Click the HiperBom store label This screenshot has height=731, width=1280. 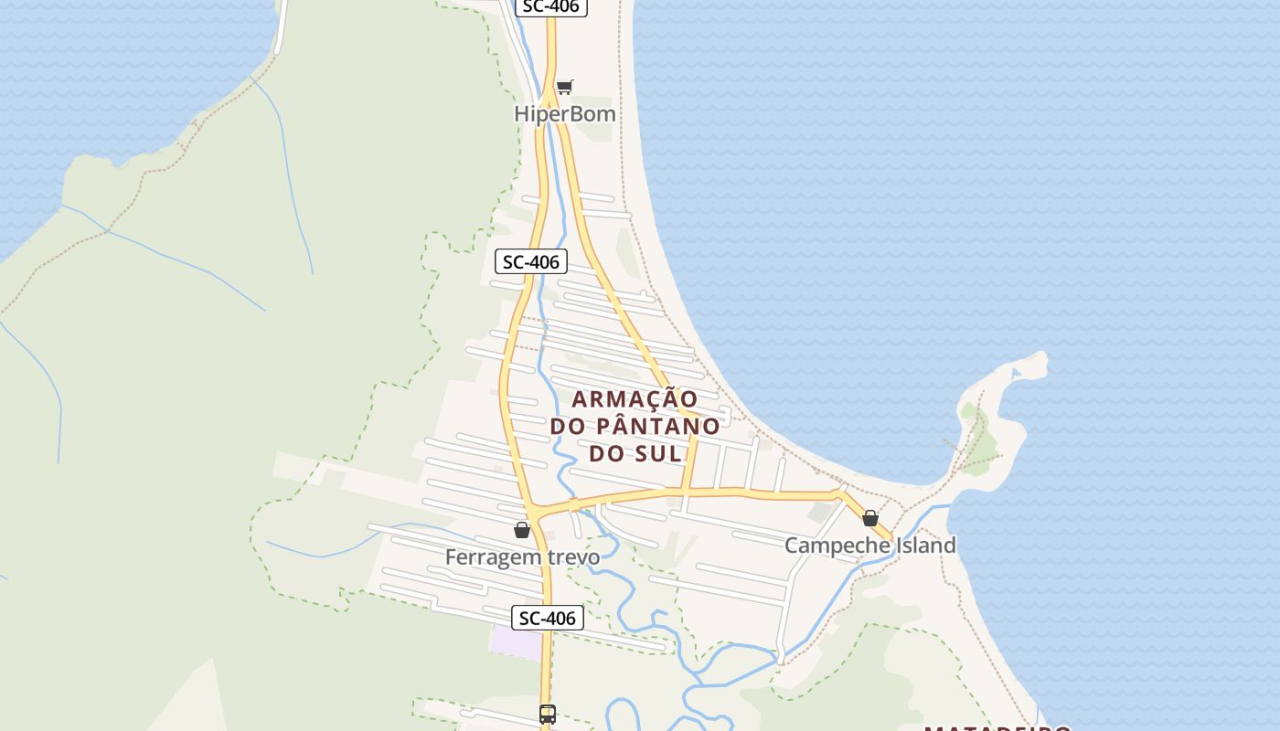pos(564,114)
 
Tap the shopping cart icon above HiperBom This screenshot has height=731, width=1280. pos(564,88)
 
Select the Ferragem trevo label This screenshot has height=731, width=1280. pos(522,556)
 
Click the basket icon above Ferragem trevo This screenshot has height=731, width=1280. pos(522,530)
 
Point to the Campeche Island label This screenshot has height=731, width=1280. pos(869,546)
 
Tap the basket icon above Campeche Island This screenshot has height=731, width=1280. pos(870,518)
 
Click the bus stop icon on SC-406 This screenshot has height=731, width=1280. pos(547,714)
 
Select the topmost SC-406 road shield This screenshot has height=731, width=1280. pos(550,6)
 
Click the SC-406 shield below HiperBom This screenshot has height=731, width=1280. pos(531,262)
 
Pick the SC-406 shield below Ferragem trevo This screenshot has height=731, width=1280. pos(547,618)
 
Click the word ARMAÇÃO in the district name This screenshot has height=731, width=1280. pos(635,399)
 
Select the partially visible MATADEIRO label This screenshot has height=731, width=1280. pos(997,727)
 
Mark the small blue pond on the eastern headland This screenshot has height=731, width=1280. pos(1015,373)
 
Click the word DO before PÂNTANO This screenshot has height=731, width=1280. pos(569,426)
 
